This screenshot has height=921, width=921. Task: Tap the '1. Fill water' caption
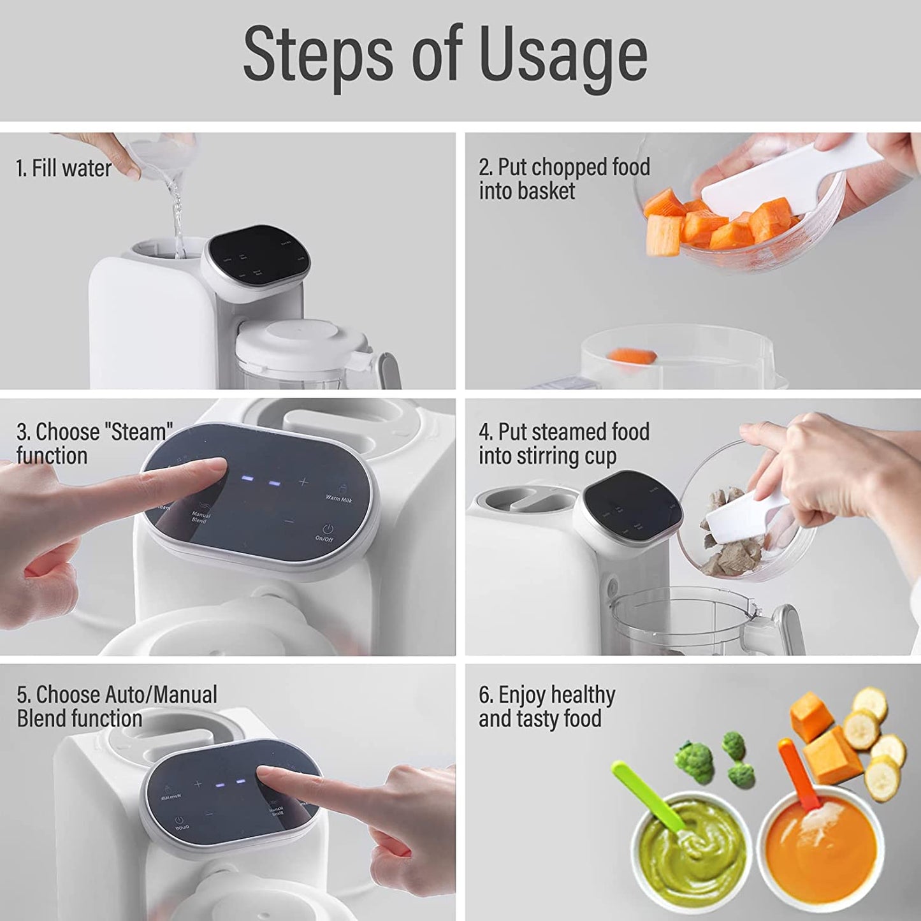pyautogui.click(x=64, y=169)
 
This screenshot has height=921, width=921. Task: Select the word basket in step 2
pyautogui.click(x=546, y=191)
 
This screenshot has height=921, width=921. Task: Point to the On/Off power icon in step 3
pyautogui.click(x=328, y=529)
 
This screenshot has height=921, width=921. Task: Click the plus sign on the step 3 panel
pyautogui.click(x=303, y=482)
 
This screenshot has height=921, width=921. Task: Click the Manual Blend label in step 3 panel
pyautogui.click(x=201, y=516)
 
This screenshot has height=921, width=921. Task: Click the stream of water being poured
pyautogui.click(x=177, y=217)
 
